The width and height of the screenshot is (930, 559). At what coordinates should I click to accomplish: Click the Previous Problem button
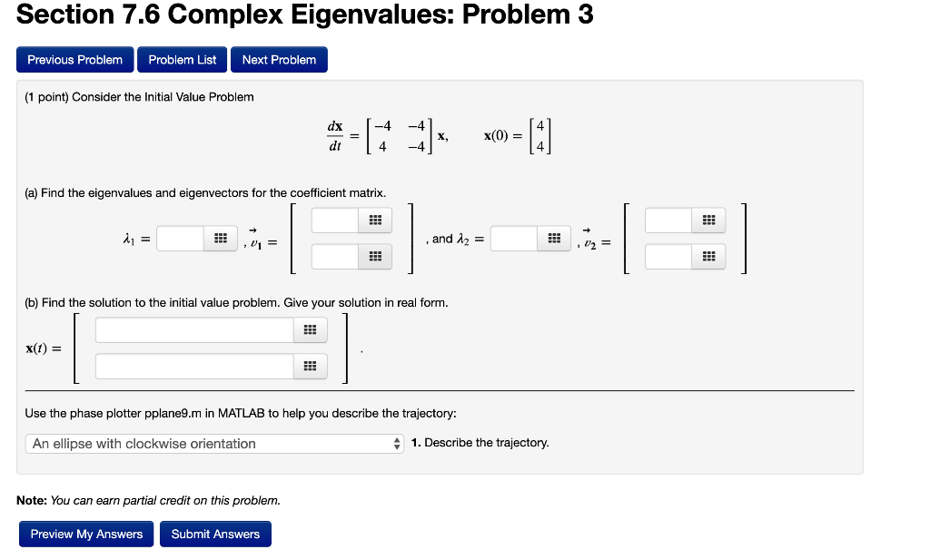(x=75, y=60)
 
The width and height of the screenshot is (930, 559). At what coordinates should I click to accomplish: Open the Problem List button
(x=183, y=60)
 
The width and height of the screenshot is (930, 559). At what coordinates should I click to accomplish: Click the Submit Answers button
(x=215, y=534)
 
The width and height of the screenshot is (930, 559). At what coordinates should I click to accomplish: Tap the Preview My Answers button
(x=86, y=534)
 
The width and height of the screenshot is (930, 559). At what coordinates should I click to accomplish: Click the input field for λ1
(x=181, y=239)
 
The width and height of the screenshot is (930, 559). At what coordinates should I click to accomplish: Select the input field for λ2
(x=515, y=239)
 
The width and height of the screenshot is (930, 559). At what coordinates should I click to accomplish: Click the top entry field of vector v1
(x=336, y=221)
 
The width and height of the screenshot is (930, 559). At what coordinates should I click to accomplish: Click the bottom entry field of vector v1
(x=336, y=257)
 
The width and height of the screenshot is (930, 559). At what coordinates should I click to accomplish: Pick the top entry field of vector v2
(x=669, y=221)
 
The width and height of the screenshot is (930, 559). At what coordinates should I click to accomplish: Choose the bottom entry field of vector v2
(x=669, y=257)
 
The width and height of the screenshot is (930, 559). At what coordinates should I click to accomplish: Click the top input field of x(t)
(x=194, y=330)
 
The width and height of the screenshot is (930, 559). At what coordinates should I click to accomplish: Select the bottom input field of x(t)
(x=194, y=367)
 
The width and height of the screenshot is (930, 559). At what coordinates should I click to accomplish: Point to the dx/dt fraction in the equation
(x=335, y=135)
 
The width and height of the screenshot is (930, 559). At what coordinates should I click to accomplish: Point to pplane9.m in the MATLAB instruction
(x=172, y=413)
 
